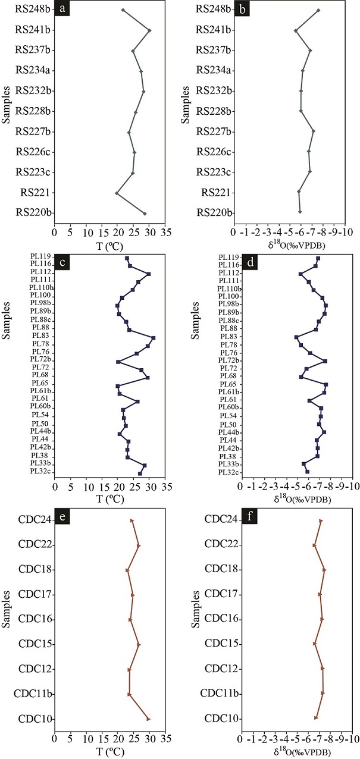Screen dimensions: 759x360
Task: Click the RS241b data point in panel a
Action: (149, 30)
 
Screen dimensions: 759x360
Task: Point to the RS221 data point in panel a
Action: (117, 193)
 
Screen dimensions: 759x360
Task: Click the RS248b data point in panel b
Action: (318, 10)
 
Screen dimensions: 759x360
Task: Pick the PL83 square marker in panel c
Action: (154, 338)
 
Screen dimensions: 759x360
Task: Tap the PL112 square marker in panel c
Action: (149, 274)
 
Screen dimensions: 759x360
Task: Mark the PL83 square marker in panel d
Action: (296, 337)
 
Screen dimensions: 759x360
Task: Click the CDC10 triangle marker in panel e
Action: (148, 719)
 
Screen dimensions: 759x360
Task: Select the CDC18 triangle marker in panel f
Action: (324, 570)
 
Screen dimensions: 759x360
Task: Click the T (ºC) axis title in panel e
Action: (111, 751)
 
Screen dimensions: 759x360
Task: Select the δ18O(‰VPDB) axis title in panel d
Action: (302, 500)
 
